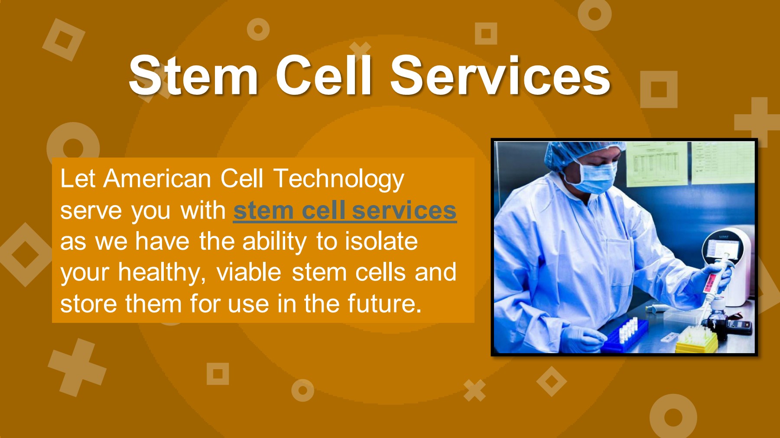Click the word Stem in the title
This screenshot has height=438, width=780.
194,76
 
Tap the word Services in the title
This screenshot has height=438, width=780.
500,76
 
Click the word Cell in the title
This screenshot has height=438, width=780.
324,76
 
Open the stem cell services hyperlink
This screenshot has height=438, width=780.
344,211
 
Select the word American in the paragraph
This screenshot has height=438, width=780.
157,178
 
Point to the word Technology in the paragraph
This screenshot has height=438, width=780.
338,179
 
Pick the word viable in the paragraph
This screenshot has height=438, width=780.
249,273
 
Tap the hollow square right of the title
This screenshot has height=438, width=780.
659,89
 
